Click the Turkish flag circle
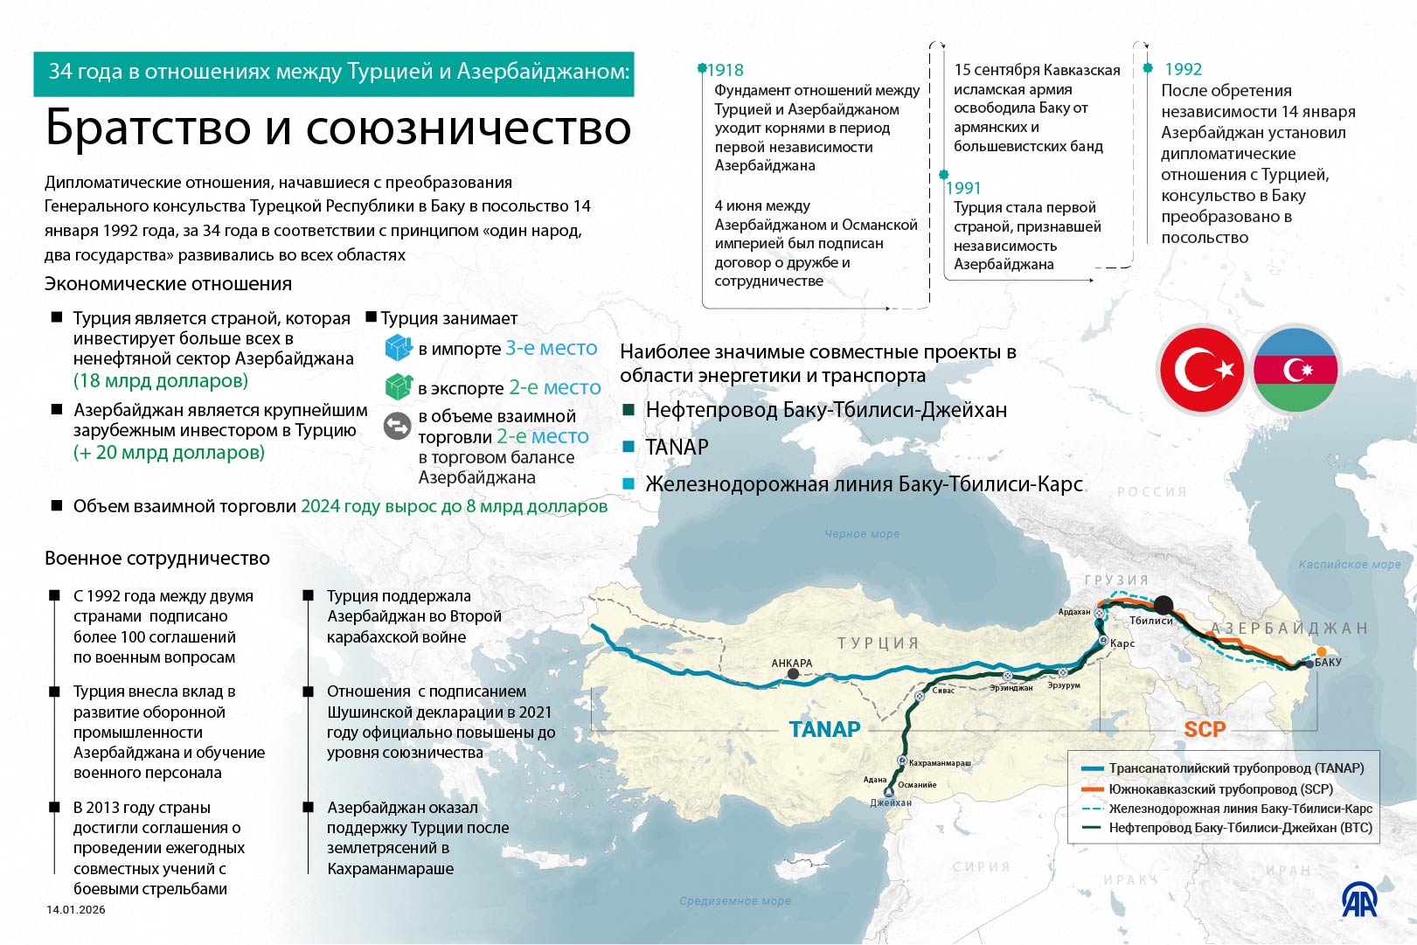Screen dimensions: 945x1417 (x=1203, y=370)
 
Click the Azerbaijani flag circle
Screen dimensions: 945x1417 (x=1295, y=370)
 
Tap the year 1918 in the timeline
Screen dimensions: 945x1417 (x=726, y=70)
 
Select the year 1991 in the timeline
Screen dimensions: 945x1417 (x=963, y=188)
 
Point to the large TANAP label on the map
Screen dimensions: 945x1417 (x=824, y=729)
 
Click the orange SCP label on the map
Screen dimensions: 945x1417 (x=1205, y=729)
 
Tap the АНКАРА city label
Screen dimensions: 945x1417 (x=791, y=664)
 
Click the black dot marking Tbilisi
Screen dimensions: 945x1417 (x=1163, y=604)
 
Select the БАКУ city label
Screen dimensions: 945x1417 (x=1328, y=663)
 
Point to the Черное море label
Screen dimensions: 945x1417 (x=862, y=534)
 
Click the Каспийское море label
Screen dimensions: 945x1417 (x=1349, y=565)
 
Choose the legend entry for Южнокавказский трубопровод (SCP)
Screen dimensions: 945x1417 (x=1220, y=789)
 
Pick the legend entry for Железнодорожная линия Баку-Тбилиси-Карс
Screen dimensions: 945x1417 (x=1240, y=809)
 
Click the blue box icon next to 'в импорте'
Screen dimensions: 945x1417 (x=399, y=348)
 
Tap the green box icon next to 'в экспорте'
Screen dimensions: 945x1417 (x=399, y=386)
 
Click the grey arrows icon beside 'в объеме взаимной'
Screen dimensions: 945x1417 (x=398, y=426)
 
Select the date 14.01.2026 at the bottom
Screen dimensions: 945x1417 (x=76, y=910)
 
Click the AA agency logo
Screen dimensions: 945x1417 (x=1359, y=900)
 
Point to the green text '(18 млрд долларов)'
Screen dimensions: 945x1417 (x=161, y=381)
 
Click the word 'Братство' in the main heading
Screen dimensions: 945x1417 (x=149, y=128)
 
